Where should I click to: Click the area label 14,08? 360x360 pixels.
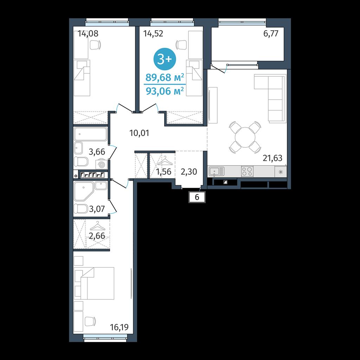(x=88, y=34)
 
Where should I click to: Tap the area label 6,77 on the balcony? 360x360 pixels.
(x=271, y=34)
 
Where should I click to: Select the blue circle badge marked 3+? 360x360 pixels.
(x=165, y=59)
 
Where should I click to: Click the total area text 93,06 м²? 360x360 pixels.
(x=165, y=91)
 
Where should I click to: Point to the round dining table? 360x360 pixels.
(x=245, y=137)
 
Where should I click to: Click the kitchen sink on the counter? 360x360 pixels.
(x=217, y=172)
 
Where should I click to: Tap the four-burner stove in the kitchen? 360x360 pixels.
(x=247, y=171)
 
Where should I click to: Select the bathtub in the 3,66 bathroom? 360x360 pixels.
(x=91, y=134)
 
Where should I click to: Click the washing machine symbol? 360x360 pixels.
(x=101, y=165)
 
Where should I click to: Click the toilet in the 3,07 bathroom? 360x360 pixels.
(x=81, y=209)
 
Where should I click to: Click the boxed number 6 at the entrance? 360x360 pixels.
(x=197, y=197)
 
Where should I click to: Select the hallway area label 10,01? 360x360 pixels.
(x=139, y=133)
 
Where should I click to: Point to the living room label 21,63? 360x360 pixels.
(x=272, y=158)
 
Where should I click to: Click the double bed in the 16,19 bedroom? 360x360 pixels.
(x=95, y=283)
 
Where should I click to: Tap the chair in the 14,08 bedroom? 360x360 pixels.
(x=95, y=45)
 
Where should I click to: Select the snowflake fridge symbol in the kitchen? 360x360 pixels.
(x=281, y=172)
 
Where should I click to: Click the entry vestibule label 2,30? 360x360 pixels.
(x=189, y=172)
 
